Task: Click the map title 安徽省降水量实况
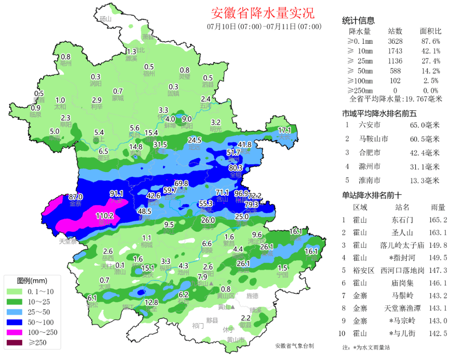click(x=263, y=13)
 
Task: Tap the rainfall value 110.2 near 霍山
click(x=105, y=215)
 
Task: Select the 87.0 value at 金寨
click(x=76, y=197)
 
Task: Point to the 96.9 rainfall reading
click(x=241, y=194)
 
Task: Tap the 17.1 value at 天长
click(x=284, y=130)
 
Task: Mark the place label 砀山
click(x=105, y=19)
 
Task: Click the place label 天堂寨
click(x=68, y=241)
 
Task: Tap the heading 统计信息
click(x=358, y=21)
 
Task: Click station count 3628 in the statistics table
click(x=395, y=41)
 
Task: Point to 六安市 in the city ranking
click(x=369, y=125)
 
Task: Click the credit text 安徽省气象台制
click(x=295, y=346)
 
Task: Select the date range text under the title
click(x=264, y=27)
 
